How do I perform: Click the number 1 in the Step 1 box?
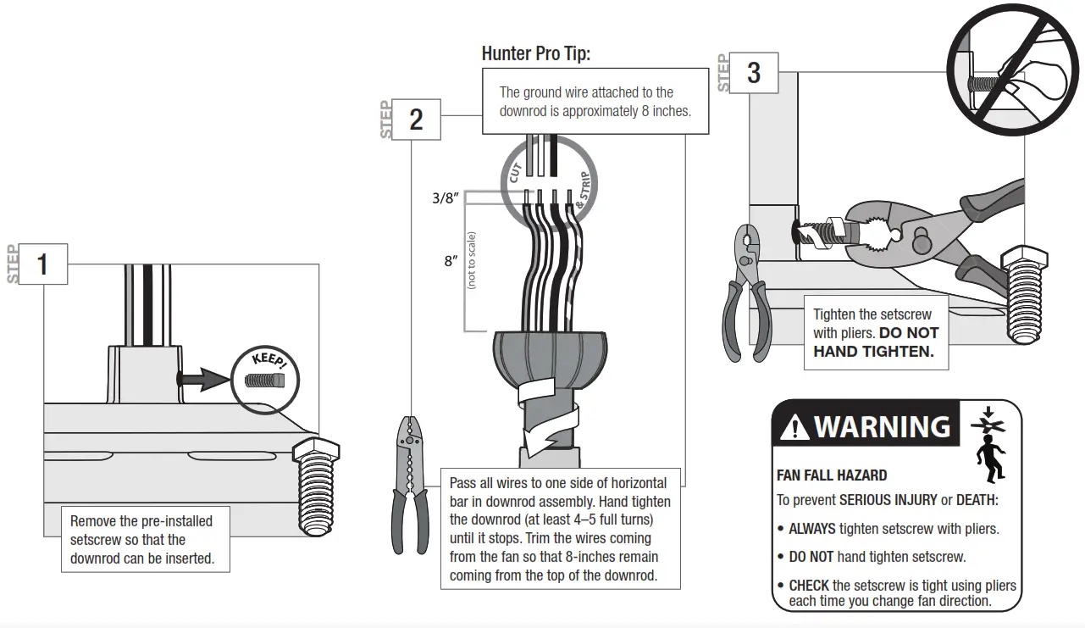[42, 264]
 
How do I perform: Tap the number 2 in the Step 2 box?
[416, 119]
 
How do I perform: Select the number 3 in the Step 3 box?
[753, 73]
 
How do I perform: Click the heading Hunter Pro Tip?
[535, 53]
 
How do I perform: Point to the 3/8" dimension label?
[445, 198]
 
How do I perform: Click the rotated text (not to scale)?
[472, 260]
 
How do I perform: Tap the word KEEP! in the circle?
[270, 363]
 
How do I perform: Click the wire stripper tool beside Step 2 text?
[409, 482]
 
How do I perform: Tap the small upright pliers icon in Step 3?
[745, 292]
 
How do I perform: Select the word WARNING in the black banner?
[882, 425]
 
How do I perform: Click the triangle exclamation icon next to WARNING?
[794, 427]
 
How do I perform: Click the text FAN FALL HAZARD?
[832, 476]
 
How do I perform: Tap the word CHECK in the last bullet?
[809, 586]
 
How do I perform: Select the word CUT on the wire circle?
[515, 170]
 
